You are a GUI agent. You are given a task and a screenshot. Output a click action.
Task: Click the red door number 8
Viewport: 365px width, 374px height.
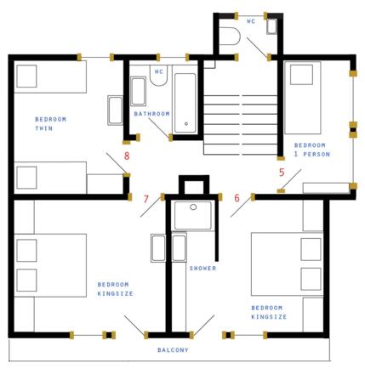click(x=127, y=156)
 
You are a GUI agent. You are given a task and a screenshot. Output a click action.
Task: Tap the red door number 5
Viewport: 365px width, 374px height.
click(x=282, y=173)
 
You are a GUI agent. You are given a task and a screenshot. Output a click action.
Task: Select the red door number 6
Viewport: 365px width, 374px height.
click(x=237, y=198)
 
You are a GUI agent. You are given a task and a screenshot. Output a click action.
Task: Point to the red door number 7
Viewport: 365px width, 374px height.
click(x=146, y=199)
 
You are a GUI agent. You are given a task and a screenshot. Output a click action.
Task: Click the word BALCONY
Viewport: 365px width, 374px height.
click(x=173, y=350)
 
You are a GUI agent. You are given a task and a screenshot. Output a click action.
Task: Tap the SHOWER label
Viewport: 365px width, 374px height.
click(x=202, y=268)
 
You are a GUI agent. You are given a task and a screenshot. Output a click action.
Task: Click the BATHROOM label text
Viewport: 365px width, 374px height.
click(x=151, y=114)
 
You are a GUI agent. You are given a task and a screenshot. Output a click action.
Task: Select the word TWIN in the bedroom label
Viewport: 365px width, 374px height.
click(x=44, y=128)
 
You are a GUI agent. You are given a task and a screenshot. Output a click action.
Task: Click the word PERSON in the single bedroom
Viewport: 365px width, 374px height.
click(x=317, y=154)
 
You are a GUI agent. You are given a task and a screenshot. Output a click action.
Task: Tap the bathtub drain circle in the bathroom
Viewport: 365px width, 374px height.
click(x=186, y=124)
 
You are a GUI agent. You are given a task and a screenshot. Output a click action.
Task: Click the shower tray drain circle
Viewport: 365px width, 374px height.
click(x=193, y=207)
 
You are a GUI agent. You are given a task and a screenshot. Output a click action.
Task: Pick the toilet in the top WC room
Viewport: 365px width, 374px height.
click(x=230, y=36)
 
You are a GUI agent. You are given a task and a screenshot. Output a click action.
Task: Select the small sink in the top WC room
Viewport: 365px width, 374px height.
click(x=271, y=26)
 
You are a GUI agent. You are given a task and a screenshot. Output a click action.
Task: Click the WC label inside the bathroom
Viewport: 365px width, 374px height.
click(x=159, y=71)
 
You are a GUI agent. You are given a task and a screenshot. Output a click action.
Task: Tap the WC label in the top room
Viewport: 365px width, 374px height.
click(x=251, y=21)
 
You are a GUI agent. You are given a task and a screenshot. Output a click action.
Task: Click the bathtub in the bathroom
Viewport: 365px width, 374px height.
click(x=185, y=103)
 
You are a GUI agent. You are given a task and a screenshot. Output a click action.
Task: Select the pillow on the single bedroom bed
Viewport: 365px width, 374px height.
click(x=301, y=75)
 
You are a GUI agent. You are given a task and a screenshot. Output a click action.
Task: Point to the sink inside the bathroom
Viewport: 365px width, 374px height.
click(x=138, y=91)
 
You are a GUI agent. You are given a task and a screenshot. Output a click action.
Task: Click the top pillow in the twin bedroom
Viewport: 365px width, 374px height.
click(x=26, y=76)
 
